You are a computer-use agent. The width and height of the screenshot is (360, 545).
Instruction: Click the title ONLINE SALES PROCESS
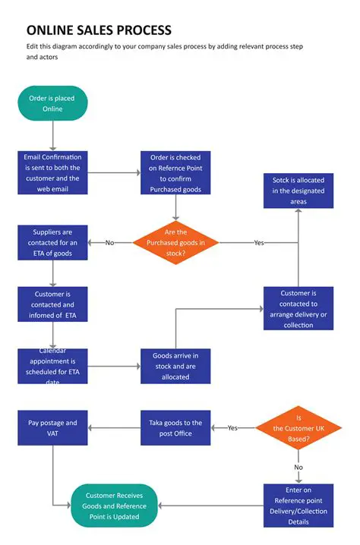pos(99,30)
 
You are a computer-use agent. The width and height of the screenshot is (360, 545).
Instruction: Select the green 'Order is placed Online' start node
pos(52,103)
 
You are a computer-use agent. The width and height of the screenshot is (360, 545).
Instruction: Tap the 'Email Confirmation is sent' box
pos(53,172)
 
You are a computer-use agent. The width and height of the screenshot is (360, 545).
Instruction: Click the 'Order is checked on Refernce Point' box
pos(175,172)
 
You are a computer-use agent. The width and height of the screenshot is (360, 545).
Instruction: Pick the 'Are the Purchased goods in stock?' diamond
pos(175,242)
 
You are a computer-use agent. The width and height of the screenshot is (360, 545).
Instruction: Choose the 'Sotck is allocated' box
pos(298,191)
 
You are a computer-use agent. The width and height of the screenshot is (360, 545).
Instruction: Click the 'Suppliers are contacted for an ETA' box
pos(53,242)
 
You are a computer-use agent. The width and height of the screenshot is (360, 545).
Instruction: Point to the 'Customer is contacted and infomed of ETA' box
pos(53,304)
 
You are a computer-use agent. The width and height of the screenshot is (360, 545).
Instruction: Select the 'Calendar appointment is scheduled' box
pos(53,366)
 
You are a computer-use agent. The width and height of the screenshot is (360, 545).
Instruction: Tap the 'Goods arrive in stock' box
pos(175,366)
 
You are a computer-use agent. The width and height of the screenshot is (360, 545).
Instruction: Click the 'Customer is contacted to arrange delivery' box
pos(298,308)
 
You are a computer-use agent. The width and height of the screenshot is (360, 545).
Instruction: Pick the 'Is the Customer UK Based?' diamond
pos(298,427)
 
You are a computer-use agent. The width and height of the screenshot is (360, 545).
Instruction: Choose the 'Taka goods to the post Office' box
pos(175,427)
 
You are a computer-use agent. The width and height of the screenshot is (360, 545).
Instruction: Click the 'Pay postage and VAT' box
pos(53,427)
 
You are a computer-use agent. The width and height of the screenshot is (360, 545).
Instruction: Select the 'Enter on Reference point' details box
pos(298,506)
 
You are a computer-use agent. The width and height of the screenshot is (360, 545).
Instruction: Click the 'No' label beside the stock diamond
pos(109,243)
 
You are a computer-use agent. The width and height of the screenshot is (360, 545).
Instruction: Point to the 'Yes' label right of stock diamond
pos(259,243)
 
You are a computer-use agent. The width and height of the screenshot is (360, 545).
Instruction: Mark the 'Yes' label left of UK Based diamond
pos(232,428)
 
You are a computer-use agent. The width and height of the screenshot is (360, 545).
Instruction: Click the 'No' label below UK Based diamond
pos(298,468)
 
